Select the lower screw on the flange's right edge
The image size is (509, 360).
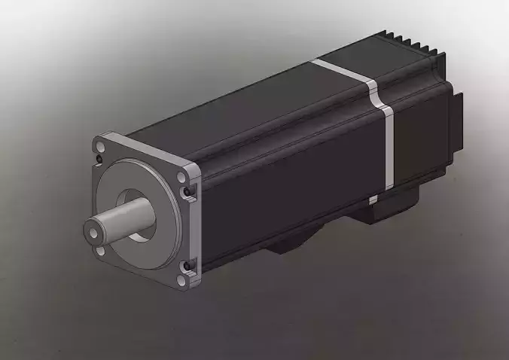(x=187, y=264)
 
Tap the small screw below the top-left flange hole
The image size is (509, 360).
(x=100, y=160)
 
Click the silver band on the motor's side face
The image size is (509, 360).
(x=388, y=147)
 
